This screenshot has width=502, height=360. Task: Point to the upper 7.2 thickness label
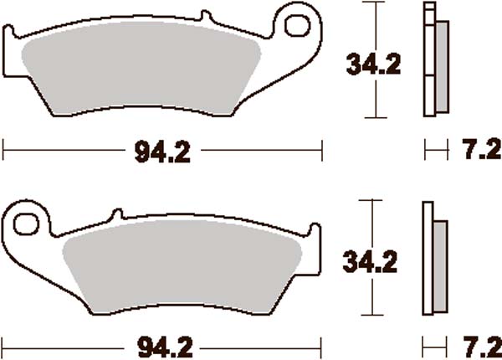pyautogui.click(x=479, y=152)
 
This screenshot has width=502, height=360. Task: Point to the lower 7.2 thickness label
pyautogui.click(x=479, y=344)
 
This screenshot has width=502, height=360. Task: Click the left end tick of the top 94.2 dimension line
pyautogui.click(x=5, y=152)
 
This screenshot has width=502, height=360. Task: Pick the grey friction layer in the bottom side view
pyautogui.click(x=440, y=268)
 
